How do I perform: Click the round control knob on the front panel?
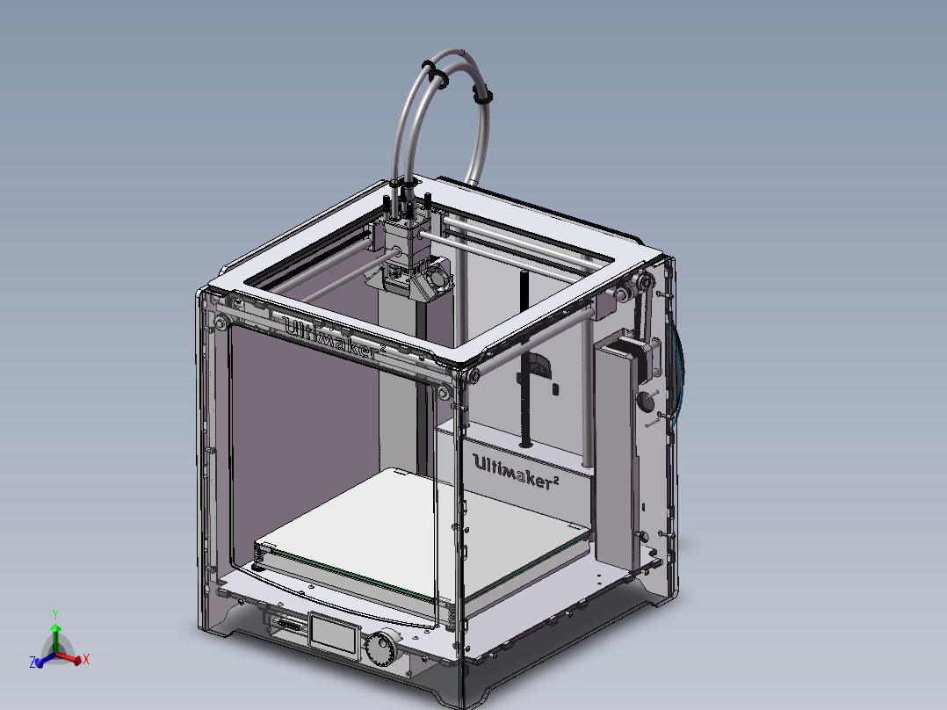click(381, 648)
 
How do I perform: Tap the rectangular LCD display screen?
click(334, 634)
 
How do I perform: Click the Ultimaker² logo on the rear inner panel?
click(517, 464)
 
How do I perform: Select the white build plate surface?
click(422, 527)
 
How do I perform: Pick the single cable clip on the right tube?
click(484, 95)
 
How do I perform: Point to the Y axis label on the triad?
click(55, 613)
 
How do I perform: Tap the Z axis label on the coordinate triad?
click(33, 663)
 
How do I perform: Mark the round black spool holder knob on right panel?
click(646, 401)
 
